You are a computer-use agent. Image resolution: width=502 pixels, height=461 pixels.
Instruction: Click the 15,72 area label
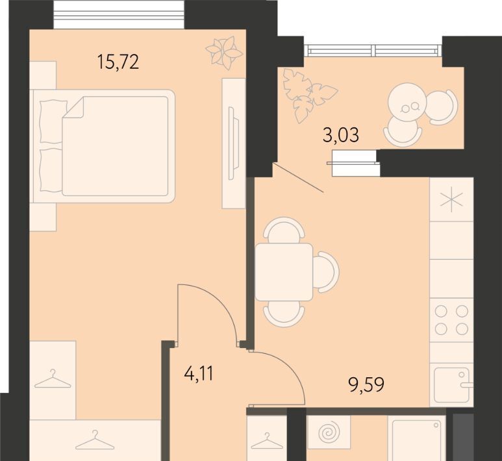pyautogui.click(x=118, y=62)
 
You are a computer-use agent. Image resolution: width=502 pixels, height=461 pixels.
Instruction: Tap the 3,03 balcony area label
pyautogui.click(x=341, y=135)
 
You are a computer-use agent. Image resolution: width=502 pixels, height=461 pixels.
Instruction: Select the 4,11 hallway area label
pyautogui.click(x=199, y=373)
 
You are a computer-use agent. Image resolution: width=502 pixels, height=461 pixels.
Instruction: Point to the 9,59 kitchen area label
pyautogui.click(x=366, y=384)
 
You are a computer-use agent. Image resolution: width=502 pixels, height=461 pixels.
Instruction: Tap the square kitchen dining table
pyautogui.click(x=284, y=272)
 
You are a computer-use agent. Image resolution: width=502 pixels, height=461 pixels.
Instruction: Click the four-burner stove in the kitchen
pyautogui.click(x=451, y=319)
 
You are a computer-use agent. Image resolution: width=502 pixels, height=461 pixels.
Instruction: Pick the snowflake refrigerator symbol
pyautogui.click(x=451, y=200)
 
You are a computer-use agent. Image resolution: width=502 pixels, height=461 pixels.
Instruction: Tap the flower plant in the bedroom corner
pyautogui.click(x=225, y=53)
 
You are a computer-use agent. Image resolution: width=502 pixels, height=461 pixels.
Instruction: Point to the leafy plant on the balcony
pyautogui.click(x=307, y=95)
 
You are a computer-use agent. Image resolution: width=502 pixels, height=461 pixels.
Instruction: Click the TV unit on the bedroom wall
pyautogui.click(x=234, y=143)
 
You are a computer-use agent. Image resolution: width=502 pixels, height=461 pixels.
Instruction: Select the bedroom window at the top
pyautogui.click(x=119, y=15)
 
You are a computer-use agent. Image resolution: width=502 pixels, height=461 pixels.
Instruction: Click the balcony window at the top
pyautogui.click(x=373, y=50)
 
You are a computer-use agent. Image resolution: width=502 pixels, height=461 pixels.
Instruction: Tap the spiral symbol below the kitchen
pyautogui.click(x=329, y=432)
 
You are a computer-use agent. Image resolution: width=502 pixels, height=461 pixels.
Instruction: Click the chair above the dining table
pyautogui.click(x=285, y=229)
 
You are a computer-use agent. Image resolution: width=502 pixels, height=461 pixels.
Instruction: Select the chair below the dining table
pyautogui.click(x=284, y=314)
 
